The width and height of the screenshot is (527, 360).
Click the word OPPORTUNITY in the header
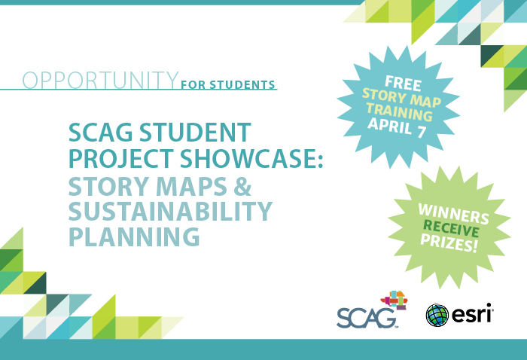coord(100,79)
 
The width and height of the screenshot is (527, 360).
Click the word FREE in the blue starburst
coord(402,81)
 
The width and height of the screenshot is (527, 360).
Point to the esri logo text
coord(472,313)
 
